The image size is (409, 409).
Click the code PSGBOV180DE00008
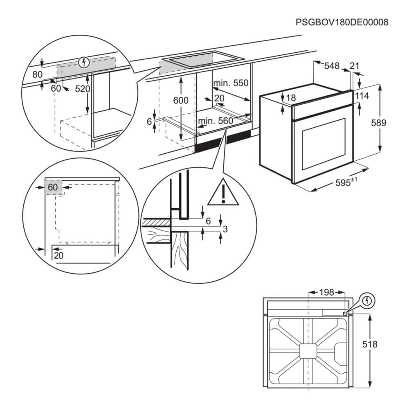tap(342, 22)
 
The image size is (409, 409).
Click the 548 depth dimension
tap(332, 65)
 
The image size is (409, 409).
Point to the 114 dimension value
tap(362, 96)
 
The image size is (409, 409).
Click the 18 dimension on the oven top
tap(291, 98)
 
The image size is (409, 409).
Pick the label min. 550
tap(231, 83)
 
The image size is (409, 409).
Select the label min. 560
tap(215, 121)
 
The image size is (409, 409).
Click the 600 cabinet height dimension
tap(180, 100)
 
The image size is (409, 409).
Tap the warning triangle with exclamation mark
tap(223, 193)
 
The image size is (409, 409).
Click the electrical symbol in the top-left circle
tap(84, 63)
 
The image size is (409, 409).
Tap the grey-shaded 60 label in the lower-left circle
tap(53, 187)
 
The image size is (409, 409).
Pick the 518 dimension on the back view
tap(381, 344)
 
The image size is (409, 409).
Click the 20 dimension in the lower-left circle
tap(58, 256)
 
